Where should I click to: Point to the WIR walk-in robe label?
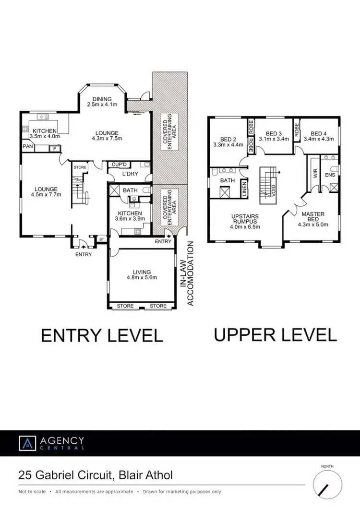315,173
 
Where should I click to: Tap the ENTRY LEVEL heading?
102,334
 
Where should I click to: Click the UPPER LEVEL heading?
275,334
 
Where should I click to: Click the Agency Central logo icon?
26,443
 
